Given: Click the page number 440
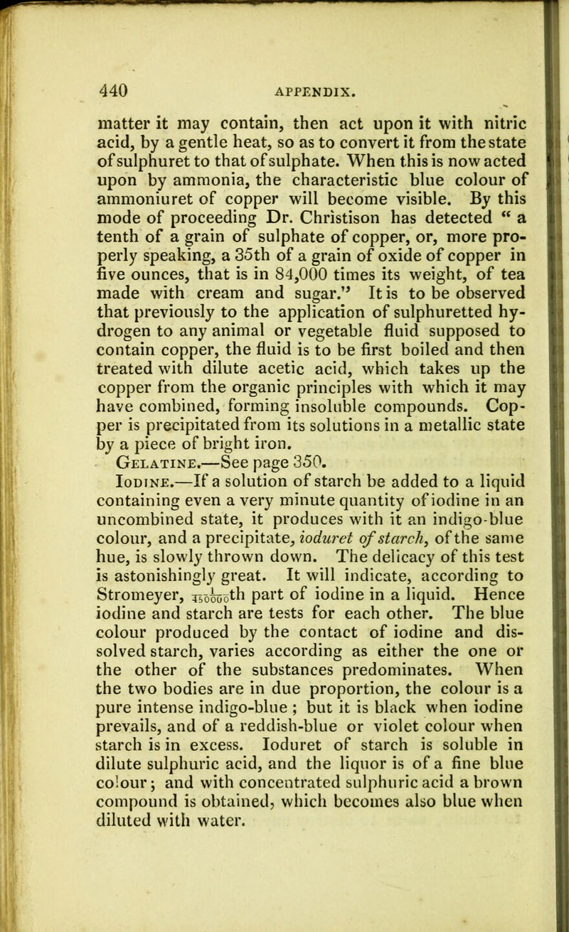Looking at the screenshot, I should (x=113, y=71).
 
